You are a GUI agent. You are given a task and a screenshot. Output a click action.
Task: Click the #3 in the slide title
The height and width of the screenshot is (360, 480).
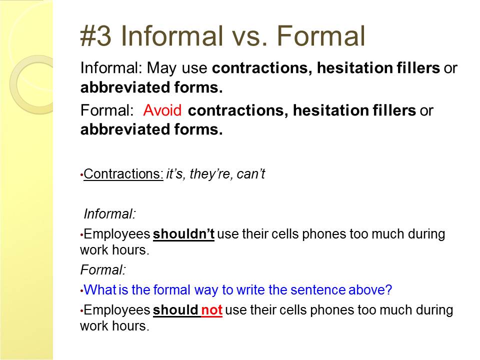coord(95,36)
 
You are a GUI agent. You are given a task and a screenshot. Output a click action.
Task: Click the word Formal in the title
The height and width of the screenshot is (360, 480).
coord(321,36)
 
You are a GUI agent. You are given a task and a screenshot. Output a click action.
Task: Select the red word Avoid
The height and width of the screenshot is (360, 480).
coord(162,110)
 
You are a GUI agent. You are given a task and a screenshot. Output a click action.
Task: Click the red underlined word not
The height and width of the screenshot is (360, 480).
coord(211,310)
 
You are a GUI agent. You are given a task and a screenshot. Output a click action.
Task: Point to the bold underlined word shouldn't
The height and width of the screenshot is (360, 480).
coord(183,234)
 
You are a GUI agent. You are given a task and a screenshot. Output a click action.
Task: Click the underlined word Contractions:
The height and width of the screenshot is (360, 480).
coord(123,173)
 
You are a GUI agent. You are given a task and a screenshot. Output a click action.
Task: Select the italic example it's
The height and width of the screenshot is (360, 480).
coord(174,174)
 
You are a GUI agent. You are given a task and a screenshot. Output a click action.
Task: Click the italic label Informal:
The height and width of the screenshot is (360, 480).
coord(109,213)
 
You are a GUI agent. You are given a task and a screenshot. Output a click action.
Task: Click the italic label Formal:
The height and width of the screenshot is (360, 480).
coord(103,269)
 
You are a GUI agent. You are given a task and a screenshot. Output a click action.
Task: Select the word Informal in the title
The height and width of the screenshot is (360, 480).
coord(172,36)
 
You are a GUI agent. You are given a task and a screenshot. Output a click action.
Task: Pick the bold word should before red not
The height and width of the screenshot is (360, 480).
coord(175,310)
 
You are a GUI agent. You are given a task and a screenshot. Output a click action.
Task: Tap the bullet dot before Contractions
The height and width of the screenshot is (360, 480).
coord(81,175)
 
